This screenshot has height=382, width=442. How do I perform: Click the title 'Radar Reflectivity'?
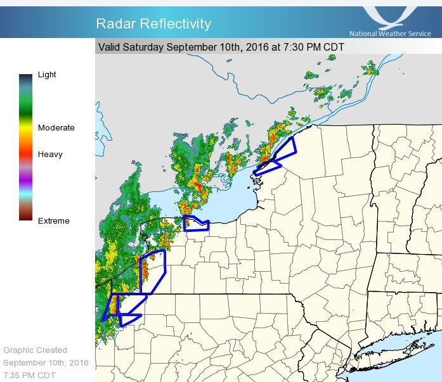click(x=153, y=24)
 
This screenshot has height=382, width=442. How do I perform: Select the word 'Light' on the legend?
click(x=47, y=75)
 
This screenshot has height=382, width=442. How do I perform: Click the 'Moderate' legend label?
click(x=56, y=128)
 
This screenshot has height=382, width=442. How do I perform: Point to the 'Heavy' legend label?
click(x=50, y=155)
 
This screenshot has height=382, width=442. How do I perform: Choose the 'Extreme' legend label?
click(x=54, y=221)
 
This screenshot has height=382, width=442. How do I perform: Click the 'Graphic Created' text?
click(x=35, y=350)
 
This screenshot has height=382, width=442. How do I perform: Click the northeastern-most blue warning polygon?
click(x=279, y=155)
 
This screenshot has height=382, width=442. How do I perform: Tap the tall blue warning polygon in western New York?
click(x=153, y=271)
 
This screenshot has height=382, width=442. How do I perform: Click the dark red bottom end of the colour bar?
click(x=25, y=217)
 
